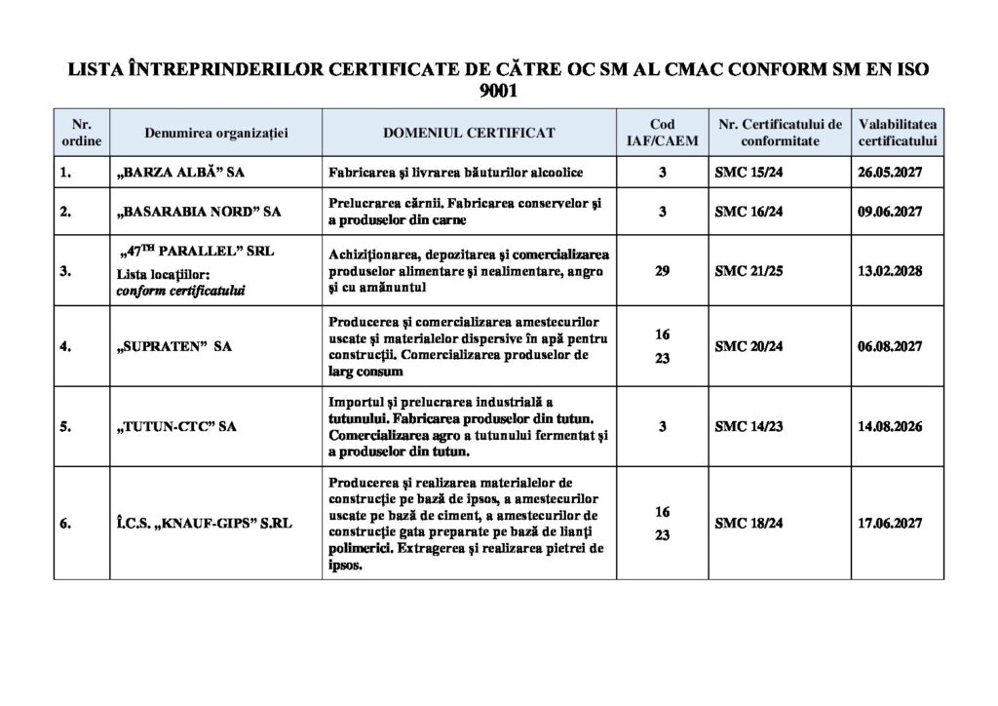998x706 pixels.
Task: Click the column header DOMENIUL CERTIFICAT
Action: tap(470, 132)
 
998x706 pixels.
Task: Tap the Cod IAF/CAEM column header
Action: tap(662, 132)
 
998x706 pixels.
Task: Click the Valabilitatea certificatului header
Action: tap(898, 132)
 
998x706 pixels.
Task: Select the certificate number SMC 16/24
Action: tap(748, 211)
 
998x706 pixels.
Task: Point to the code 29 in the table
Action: tap(662, 270)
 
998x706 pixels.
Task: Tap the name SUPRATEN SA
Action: tap(174, 346)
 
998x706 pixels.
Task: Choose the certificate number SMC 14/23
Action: tap(748, 426)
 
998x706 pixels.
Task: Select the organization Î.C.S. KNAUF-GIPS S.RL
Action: tap(204, 524)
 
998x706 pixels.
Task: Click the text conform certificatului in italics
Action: tap(181, 291)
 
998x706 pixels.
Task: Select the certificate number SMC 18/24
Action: tap(748, 524)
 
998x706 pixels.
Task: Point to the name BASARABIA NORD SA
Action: tap(198, 211)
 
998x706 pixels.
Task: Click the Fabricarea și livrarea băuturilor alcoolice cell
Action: tap(456, 172)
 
